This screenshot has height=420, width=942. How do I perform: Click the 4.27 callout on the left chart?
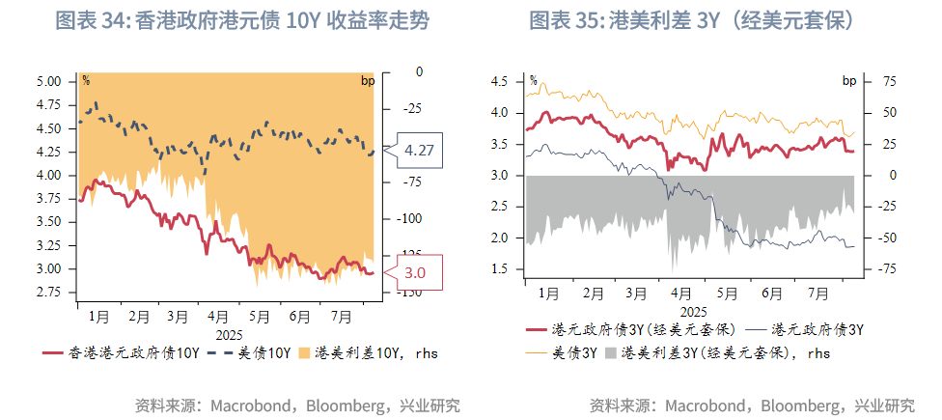[419, 151]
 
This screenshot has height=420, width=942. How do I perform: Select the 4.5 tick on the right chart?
[499, 82]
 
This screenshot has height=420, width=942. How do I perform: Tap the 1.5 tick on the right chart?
[499, 268]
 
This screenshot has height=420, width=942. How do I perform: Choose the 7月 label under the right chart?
[816, 293]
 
